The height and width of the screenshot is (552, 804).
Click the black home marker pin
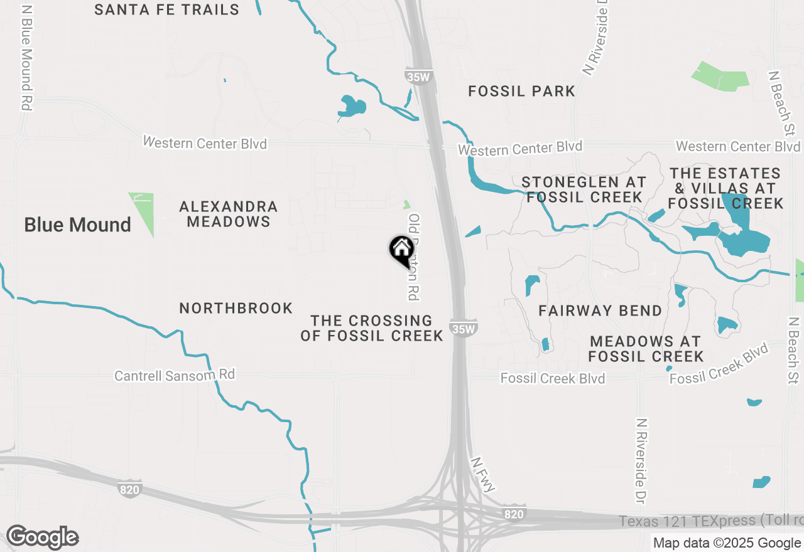click(401, 250)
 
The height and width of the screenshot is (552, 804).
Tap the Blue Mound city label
click(77, 225)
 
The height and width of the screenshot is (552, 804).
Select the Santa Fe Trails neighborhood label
click(167, 9)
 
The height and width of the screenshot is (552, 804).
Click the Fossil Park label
click(522, 92)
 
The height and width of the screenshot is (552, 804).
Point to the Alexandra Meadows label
click(229, 214)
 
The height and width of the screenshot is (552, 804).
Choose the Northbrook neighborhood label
click(236, 308)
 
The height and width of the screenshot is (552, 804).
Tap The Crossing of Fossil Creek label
click(372, 328)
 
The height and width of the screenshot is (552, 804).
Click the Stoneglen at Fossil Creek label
click(584, 189)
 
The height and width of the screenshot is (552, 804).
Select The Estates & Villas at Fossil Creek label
click(725, 188)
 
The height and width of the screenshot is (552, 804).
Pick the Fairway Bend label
click(600, 310)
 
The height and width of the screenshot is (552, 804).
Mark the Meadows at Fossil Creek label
click(646, 349)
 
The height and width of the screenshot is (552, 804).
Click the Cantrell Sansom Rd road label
click(175, 375)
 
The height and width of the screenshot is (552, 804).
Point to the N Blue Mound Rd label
click(26, 58)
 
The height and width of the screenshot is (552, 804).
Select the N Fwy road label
click(484, 474)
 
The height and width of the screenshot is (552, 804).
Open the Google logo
click(42, 537)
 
